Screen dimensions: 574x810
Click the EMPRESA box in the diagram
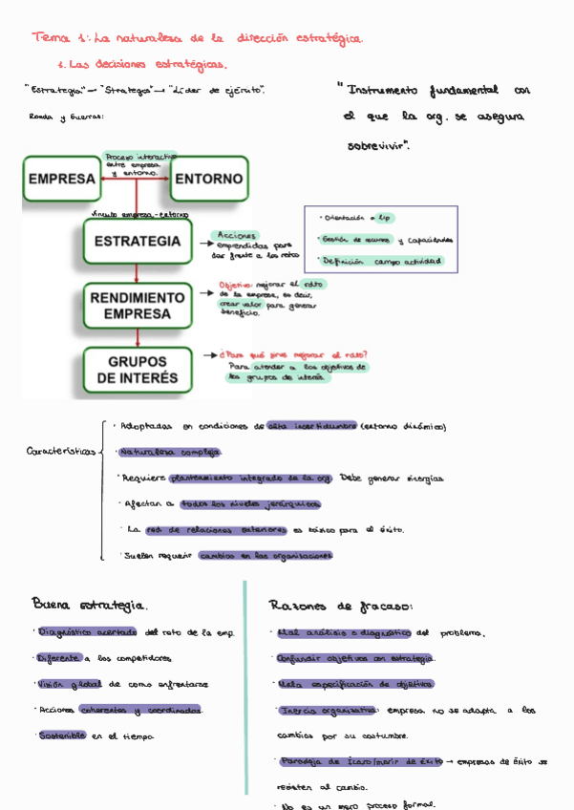click(61, 179)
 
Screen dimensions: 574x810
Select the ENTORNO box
click(209, 179)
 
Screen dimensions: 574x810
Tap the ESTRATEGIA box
click(144, 241)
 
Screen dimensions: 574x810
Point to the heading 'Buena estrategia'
click(89, 605)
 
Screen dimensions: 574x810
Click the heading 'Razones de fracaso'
click(340, 606)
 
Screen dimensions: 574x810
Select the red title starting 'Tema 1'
click(196, 37)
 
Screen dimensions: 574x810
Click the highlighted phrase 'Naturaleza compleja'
click(169, 452)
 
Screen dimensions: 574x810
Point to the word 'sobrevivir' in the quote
click(378, 147)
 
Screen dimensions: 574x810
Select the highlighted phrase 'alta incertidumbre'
click(312, 427)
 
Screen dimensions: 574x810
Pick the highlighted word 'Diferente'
click(58, 658)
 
